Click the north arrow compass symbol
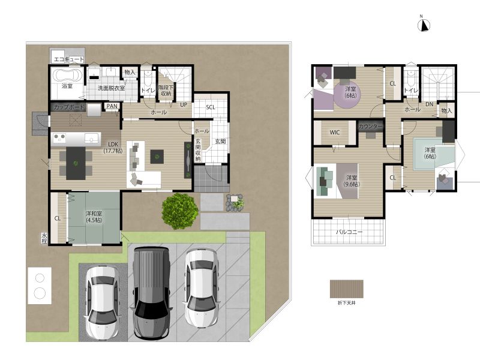pyautogui.click(x=424, y=25)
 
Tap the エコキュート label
pyautogui.click(x=69, y=59)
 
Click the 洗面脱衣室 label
pyautogui.click(x=111, y=88)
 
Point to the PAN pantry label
pyautogui.click(x=112, y=106)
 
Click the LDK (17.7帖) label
pyautogui.click(x=113, y=147)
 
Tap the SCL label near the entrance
pyautogui.click(x=211, y=107)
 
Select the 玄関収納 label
pyautogui.click(x=198, y=150)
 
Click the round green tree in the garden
pyautogui.click(x=180, y=211)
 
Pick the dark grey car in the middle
pyautogui.click(x=151, y=293)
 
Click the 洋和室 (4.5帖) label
pyautogui.click(x=94, y=217)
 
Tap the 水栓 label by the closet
pyautogui.click(x=44, y=238)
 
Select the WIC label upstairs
pyautogui.click(x=335, y=132)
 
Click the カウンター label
pyautogui.click(x=371, y=126)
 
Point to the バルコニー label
pyautogui.click(x=349, y=232)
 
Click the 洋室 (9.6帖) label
pyautogui.click(x=352, y=181)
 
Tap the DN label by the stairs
pyautogui.click(x=430, y=104)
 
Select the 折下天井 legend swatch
pyautogui.click(x=347, y=289)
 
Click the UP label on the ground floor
pyautogui.click(x=184, y=104)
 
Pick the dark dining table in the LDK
pyautogui.click(x=76, y=163)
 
